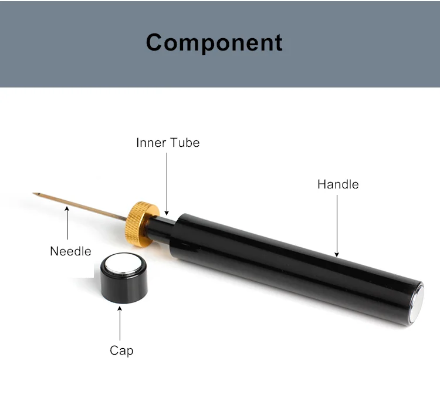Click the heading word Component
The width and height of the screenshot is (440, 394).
point(214,42)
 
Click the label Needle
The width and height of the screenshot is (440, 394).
point(70,251)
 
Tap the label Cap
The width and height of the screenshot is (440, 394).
point(121,351)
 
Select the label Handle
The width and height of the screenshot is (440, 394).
point(338,184)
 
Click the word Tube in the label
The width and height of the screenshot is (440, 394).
point(185,143)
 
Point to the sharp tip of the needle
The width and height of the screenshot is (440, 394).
point(35,193)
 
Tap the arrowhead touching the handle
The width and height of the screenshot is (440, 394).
point(337,254)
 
